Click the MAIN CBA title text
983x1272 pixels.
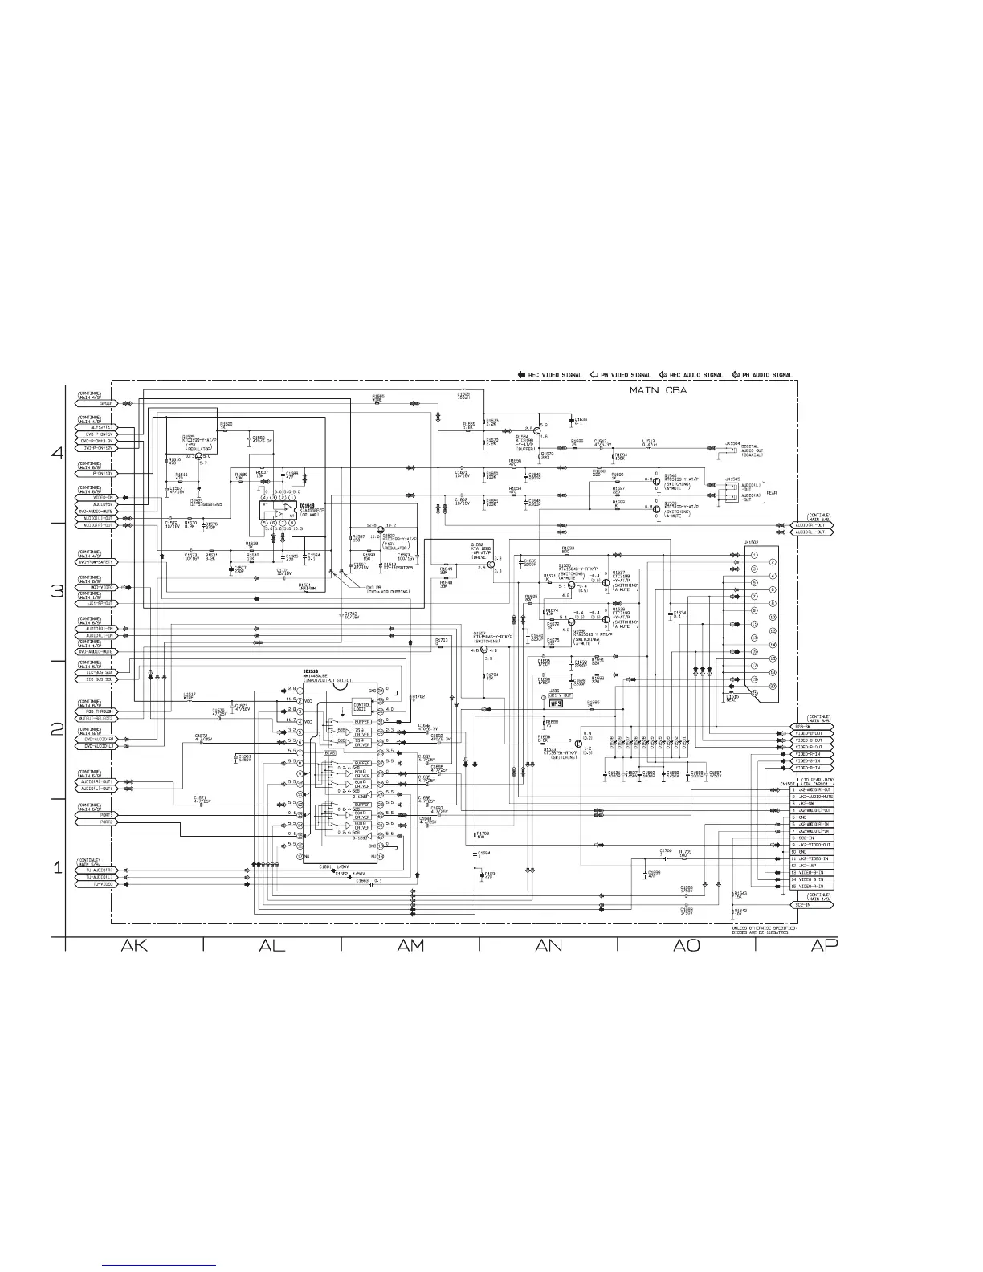656,393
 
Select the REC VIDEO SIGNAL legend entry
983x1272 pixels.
549,375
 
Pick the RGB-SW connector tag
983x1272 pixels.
815,727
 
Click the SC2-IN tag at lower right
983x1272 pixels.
815,905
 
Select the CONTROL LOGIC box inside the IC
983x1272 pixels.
361,707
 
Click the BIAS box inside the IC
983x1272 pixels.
330,752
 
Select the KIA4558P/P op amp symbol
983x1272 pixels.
280,512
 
